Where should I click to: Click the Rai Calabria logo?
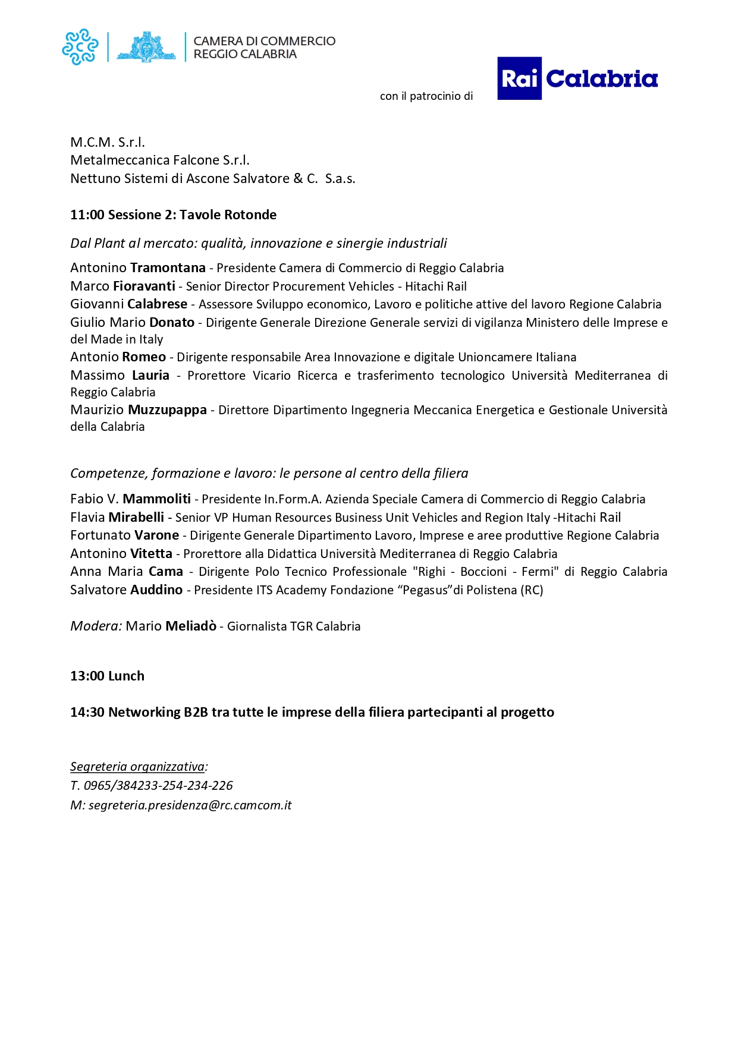[x=577, y=78]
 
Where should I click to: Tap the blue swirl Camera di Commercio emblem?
[x=80, y=46]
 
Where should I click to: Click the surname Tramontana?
[x=168, y=268]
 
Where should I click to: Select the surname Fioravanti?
[x=144, y=286]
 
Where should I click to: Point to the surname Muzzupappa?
[x=167, y=410]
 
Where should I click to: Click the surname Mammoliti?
[x=156, y=499]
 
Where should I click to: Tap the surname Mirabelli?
[x=136, y=518]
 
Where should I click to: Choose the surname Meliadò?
[x=190, y=626]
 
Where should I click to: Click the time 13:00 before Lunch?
[x=87, y=676]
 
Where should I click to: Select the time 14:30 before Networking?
[x=87, y=713]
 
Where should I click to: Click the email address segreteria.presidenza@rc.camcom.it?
[x=190, y=805]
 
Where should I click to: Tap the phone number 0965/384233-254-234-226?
[x=158, y=786]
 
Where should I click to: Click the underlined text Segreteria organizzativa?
[x=137, y=767]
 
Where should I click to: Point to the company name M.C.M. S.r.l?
[x=108, y=143]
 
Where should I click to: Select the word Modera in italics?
[x=96, y=626]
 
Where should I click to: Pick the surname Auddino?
[x=156, y=590]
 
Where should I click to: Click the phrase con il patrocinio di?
[x=426, y=96]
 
